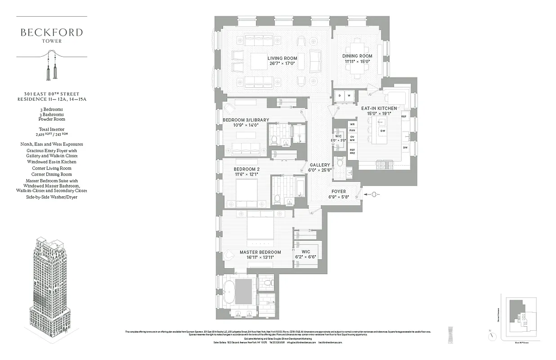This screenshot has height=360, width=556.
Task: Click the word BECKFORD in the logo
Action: (x=52, y=32)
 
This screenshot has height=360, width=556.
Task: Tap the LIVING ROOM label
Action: (x=282, y=58)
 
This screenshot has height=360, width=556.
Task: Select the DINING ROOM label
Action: (x=357, y=56)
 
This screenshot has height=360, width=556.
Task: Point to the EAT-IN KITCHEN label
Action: (x=379, y=108)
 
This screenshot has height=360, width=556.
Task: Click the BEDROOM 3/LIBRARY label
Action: (x=246, y=120)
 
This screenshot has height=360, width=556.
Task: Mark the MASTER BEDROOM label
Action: (x=260, y=252)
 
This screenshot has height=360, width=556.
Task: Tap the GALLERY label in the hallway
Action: (x=319, y=165)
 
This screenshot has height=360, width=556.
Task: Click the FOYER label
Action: (x=339, y=192)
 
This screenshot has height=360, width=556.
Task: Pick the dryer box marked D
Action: (x=341, y=95)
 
